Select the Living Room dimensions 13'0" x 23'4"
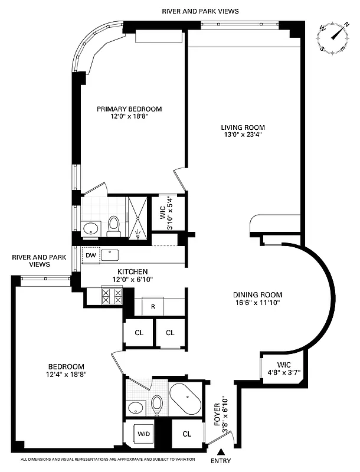click(x=243, y=135)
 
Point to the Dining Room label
click(x=257, y=295)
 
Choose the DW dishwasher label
click(x=90, y=255)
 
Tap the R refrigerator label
click(x=152, y=307)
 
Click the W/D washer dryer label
click(x=144, y=434)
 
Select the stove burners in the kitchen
click(x=112, y=295)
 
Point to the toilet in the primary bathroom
click(x=114, y=225)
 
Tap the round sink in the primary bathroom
click(x=91, y=228)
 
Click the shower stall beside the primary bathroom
click(x=138, y=217)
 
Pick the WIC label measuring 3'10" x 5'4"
click(x=167, y=213)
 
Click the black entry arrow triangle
click(x=221, y=451)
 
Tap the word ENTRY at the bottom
click(x=221, y=461)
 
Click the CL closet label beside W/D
click(x=186, y=434)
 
